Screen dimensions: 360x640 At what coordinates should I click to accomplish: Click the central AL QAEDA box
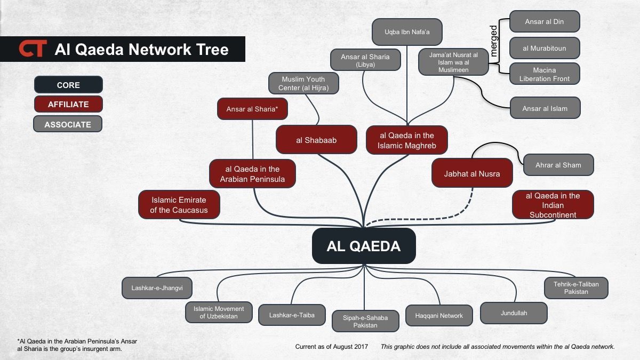point(364,246)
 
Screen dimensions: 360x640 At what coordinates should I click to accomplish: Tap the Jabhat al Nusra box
point(472,173)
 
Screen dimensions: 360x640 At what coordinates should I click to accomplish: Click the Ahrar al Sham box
point(558,165)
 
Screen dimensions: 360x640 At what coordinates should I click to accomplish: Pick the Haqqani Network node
point(439,315)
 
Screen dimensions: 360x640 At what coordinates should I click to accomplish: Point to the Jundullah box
point(514,313)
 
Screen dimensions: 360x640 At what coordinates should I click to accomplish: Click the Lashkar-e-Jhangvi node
point(157,288)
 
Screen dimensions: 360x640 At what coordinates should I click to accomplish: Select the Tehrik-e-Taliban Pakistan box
point(576,288)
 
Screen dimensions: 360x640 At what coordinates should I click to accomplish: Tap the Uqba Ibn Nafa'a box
point(407,31)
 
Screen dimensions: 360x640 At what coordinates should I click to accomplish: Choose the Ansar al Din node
point(544,22)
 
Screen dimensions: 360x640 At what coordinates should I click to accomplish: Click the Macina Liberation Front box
point(544,74)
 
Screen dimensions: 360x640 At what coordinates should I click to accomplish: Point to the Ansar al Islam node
point(545,108)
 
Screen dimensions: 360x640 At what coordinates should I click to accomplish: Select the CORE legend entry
point(68,85)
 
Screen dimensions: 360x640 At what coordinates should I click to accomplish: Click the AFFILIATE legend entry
point(68,105)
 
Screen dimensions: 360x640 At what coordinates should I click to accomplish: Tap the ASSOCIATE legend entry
point(68,124)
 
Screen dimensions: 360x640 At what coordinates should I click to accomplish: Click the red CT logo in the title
point(33,49)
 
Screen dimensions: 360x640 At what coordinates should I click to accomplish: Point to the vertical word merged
point(493,41)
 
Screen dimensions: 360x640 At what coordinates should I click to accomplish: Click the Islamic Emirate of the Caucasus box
point(179,205)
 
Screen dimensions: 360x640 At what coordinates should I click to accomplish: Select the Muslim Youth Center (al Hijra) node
point(303,83)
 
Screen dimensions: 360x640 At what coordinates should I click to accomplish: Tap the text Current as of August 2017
point(331,347)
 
